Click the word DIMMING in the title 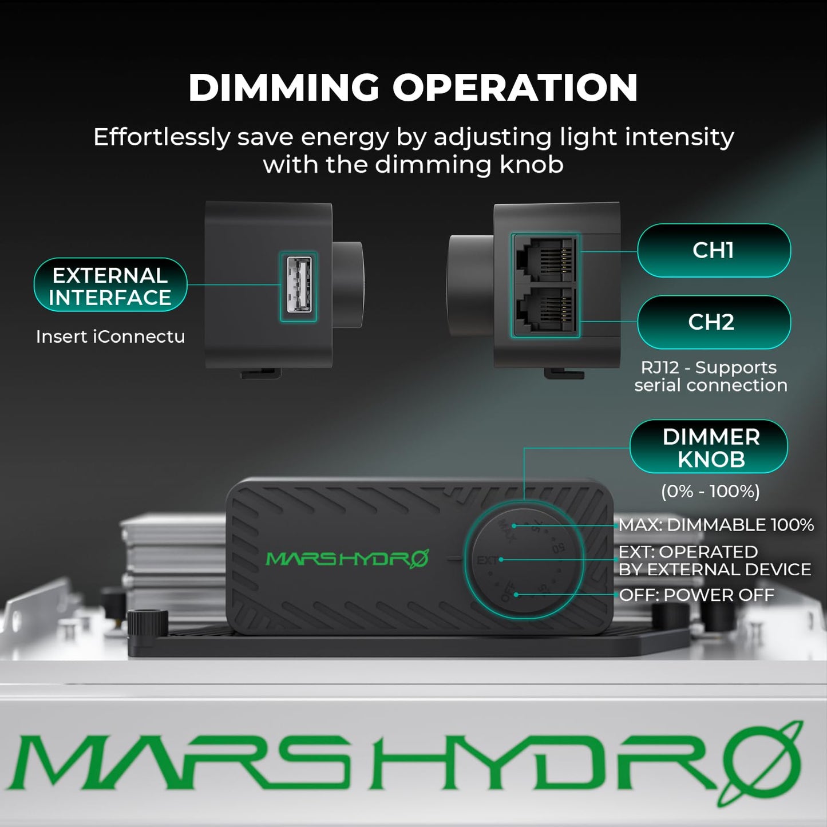point(284,88)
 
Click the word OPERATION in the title point(515,88)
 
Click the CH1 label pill point(713,250)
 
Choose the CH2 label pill point(713,322)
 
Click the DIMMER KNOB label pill point(710,448)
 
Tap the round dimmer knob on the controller point(524,560)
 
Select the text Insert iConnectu point(110,337)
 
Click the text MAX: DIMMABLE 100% point(716,525)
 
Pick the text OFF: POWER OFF point(697,595)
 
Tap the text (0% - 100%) point(710,491)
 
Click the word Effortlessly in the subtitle point(161,137)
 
